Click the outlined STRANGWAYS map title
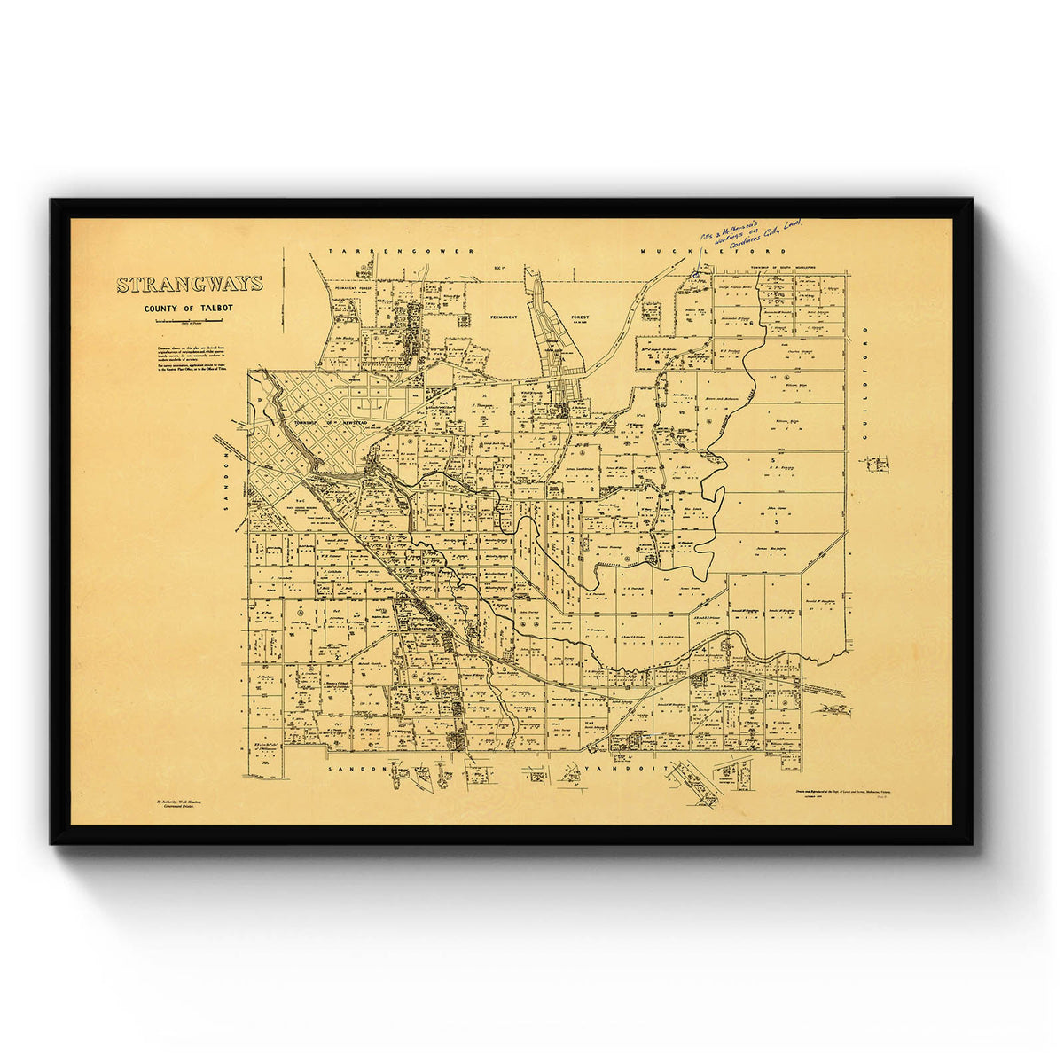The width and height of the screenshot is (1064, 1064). click(x=190, y=285)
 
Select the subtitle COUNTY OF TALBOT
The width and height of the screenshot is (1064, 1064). click(x=190, y=309)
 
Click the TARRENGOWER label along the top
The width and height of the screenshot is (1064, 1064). click(x=402, y=253)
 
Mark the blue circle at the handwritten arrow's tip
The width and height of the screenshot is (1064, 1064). click(x=697, y=275)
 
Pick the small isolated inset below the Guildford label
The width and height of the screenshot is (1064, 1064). click(x=875, y=464)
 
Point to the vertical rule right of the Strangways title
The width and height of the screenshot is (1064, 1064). click(x=283, y=288)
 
